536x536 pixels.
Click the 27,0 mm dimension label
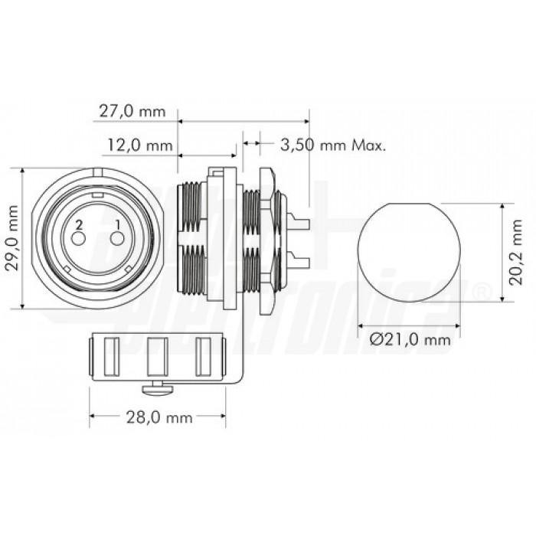pos(132,110)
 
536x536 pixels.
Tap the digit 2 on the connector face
pos(77,224)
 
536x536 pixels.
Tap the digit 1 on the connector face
pos(117,224)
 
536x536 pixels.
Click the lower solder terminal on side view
pos(301,263)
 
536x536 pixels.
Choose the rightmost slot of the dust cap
pos(204,357)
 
